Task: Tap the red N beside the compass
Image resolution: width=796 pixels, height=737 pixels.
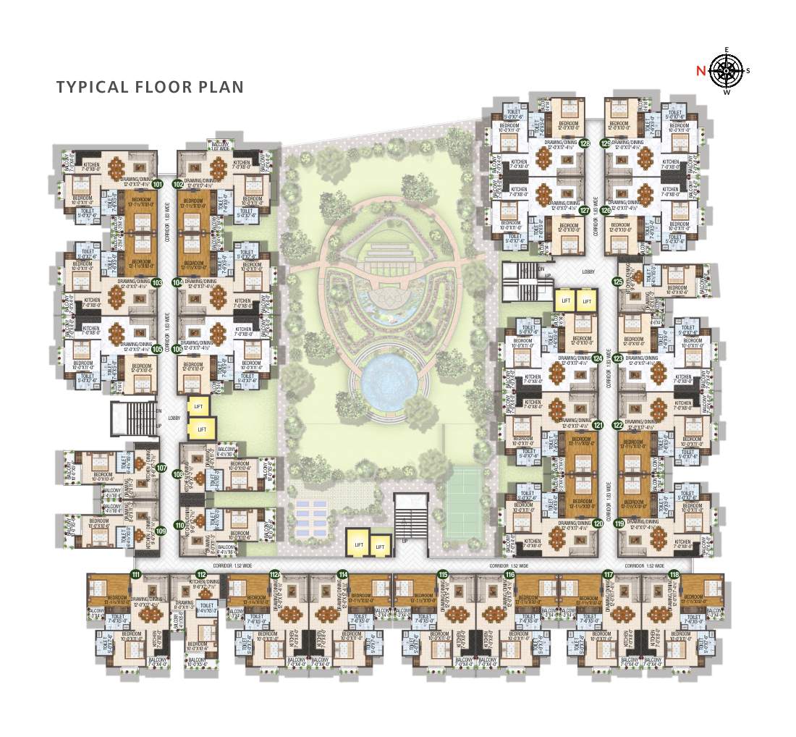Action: (x=700, y=71)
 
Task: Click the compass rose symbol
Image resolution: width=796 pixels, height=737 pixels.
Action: (x=728, y=70)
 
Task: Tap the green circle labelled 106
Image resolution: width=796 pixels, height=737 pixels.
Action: (x=178, y=348)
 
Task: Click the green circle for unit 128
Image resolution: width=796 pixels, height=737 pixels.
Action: (x=585, y=143)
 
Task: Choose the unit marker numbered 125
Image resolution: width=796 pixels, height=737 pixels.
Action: (x=617, y=282)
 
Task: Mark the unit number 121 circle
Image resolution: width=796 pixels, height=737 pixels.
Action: (x=598, y=426)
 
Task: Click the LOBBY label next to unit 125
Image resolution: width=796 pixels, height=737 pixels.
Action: (x=588, y=271)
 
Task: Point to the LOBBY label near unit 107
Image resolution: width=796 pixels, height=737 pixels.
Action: (x=174, y=418)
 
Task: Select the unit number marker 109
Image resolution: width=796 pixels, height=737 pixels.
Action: (x=160, y=531)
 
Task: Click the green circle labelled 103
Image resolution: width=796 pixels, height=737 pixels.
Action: (x=158, y=282)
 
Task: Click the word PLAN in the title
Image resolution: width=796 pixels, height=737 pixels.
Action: (x=221, y=88)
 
